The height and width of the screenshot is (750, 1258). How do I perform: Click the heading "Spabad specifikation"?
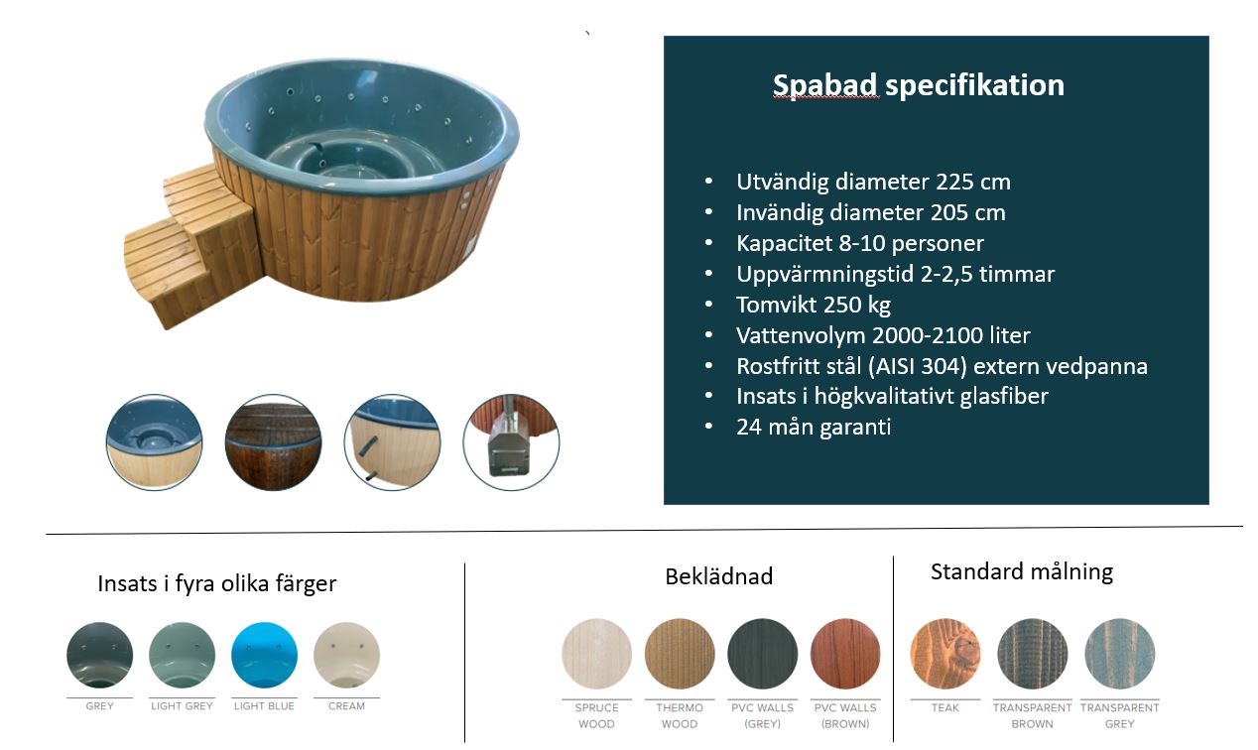[x=919, y=86]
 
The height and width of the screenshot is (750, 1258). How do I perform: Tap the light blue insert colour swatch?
[x=265, y=655]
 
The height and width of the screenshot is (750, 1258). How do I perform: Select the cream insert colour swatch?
[x=346, y=655]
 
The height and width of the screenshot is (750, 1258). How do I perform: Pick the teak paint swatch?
[x=945, y=654]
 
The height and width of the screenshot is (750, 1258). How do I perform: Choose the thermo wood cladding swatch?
[x=680, y=654]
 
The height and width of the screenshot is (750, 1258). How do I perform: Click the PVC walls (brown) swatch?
[x=845, y=654]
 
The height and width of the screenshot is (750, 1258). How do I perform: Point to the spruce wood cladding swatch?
[x=596, y=654]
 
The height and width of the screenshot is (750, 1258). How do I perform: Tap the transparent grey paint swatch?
[x=1120, y=654]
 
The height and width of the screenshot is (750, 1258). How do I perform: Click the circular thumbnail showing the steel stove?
[x=511, y=442]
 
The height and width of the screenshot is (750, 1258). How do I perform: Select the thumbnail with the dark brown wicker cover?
[x=274, y=442]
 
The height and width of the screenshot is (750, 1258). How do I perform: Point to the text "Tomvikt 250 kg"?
[x=814, y=305]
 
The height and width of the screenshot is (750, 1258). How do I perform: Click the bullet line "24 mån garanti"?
[x=814, y=428]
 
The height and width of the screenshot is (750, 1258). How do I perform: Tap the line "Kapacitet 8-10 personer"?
[x=860, y=244]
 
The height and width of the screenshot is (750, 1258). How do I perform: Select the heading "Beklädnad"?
[x=719, y=576]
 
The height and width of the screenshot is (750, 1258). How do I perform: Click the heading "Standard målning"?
[x=1022, y=572]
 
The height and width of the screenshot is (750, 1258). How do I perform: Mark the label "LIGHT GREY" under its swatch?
[x=182, y=706]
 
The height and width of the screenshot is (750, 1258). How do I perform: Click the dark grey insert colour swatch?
[x=100, y=655]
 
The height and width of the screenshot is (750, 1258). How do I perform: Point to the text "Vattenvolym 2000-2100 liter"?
[x=883, y=335]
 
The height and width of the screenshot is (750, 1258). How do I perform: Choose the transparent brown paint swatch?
[x=1032, y=654]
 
